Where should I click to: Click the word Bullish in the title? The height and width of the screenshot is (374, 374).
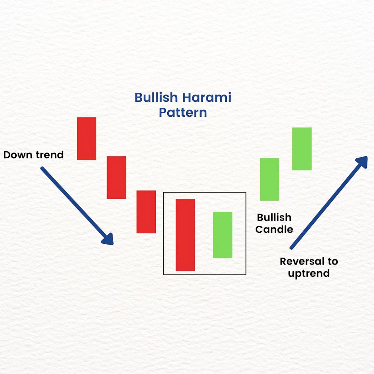point(156,97)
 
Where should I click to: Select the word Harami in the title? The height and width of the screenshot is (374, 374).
point(207,97)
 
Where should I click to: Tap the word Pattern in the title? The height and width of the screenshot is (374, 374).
point(183,112)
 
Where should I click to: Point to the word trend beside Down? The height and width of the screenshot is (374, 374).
point(50,155)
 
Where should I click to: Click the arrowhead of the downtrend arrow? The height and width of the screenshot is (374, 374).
point(108,239)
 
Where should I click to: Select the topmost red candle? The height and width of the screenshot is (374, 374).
point(87,139)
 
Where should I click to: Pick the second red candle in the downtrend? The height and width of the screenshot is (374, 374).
point(116,177)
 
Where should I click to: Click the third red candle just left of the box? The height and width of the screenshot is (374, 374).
point(146,212)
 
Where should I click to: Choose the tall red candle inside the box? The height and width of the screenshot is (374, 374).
point(185,235)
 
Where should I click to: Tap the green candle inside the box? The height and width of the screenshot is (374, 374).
point(223,235)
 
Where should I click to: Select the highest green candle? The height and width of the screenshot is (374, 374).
point(302,149)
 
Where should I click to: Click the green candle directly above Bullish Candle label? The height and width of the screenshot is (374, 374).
point(269,179)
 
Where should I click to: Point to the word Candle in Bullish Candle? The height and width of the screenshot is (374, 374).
point(274,230)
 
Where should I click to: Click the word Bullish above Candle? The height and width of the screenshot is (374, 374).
point(274,217)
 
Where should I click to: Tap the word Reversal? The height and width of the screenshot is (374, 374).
point(302,261)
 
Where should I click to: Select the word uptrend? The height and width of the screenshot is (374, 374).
point(309,273)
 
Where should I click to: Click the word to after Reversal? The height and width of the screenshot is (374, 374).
point(333,261)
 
